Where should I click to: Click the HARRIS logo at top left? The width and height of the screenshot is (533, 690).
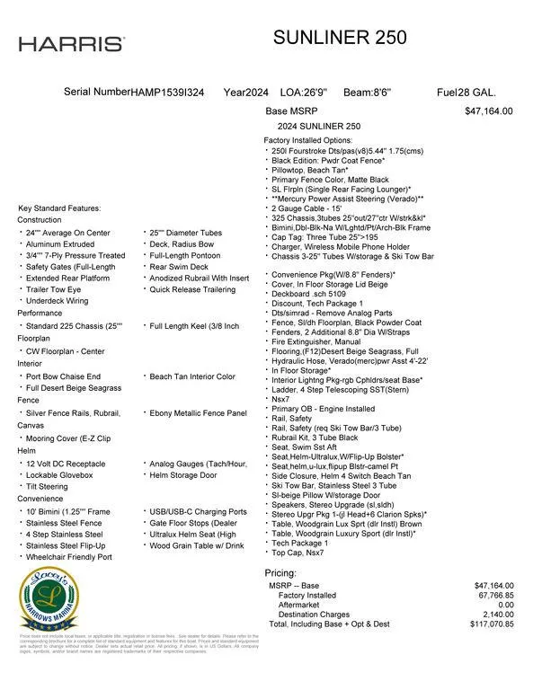coord(71,44)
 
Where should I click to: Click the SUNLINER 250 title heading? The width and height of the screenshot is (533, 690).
coord(340,38)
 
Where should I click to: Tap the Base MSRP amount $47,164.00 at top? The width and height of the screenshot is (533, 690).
coord(488,112)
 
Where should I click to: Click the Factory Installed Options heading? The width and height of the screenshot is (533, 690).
coord(307,141)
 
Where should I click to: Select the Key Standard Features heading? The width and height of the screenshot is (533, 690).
coord(59,208)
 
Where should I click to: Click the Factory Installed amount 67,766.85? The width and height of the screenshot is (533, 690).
coord(493,595)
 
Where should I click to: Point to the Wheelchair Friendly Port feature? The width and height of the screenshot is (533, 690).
coord(69,557)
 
